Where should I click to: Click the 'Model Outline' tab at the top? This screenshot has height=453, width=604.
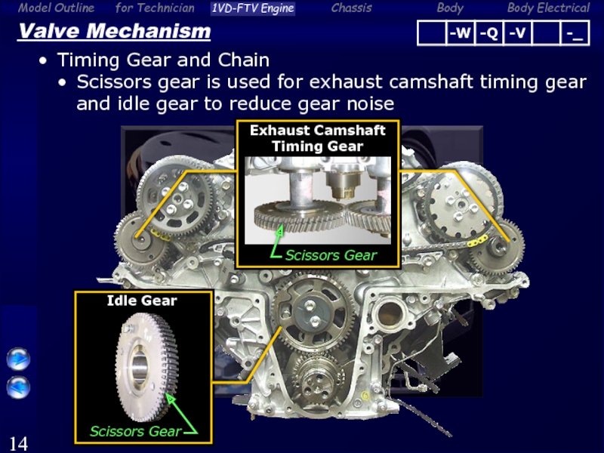(x=56, y=8)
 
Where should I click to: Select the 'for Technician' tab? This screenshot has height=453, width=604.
(x=155, y=8)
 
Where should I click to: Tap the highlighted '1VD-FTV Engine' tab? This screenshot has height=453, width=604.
(x=253, y=8)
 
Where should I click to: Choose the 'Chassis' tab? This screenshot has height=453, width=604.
(x=351, y=8)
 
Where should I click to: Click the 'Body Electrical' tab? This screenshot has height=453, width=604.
(x=548, y=8)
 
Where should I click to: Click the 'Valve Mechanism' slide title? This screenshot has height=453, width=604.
(x=115, y=31)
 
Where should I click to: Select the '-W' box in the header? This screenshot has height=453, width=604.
(x=460, y=33)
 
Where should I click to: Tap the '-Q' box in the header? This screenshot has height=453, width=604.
(x=488, y=33)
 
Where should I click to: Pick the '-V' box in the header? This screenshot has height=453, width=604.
(x=517, y=33)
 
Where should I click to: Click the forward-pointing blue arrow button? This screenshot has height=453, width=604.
(x=18, y=359)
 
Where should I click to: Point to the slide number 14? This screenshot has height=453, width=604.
(x=18, y=443)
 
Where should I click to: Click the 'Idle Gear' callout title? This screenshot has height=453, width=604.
(x=142, y=300)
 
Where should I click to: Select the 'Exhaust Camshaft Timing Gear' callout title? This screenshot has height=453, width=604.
(x=318, y=138)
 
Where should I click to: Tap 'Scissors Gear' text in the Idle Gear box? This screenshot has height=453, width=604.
(x=136, y=431)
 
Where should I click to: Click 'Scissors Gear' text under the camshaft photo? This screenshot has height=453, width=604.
(x=331, y=255)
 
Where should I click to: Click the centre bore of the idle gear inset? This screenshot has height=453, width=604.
(x=140, y=368)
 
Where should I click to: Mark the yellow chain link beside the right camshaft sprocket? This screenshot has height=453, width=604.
(x=478, y=241)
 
